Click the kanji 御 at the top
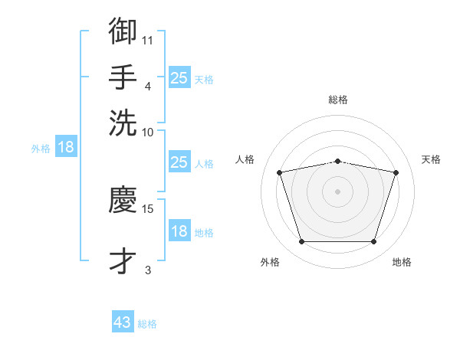click(x=123, y=31)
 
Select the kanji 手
click(x=123, y=77)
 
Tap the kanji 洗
click(x=123, y=123)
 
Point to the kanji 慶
click(x=123, y=199)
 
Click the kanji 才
click(x=123, y=260)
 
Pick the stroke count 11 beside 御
click(x=147, y=41)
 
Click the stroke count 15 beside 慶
click(x=147, y=209)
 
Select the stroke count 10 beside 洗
click(x=147, y=133)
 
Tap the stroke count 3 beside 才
click(x=148, y=270)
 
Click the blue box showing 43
click(x=123, y=321)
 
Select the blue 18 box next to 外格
click(x=66, y=146)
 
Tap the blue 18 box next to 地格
click(x=179, y=230)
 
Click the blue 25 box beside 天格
click(x=179, y=77)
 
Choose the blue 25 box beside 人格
click(x=179, y=162)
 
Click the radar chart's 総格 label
click(x=338, y=100)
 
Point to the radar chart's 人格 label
click(x=245, y=159)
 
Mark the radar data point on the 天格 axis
click(x=396, y=172)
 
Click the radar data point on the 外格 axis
click(x=302, y=241)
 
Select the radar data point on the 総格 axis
click(x=338, y=162)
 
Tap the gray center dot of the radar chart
click(x=337, y=191)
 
